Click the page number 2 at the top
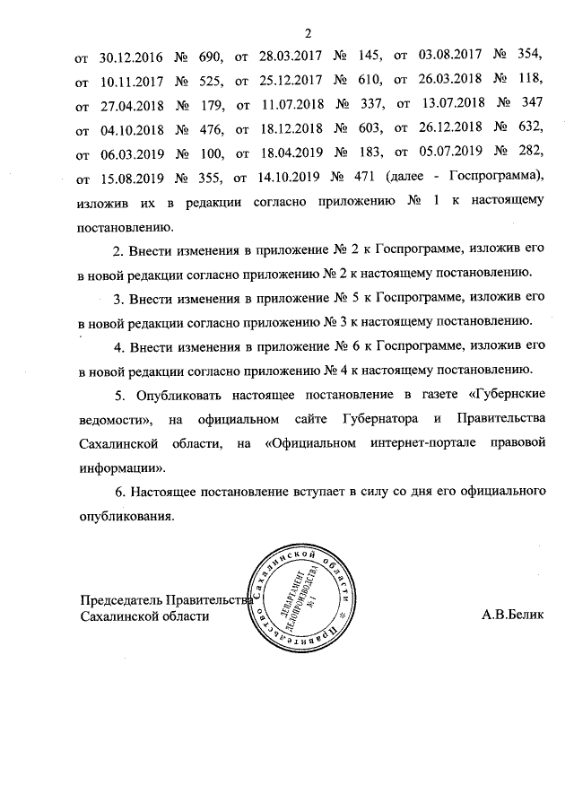point(307,35)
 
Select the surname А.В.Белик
point(512,616)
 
